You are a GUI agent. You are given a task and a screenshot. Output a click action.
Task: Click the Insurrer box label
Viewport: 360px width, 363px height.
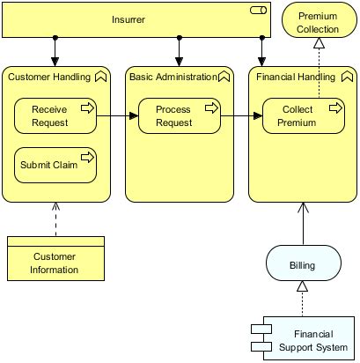pyautogui.click(x=129, y=19)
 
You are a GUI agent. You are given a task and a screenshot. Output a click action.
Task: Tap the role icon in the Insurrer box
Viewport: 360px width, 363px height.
pyautogui.click(x=259, y=11)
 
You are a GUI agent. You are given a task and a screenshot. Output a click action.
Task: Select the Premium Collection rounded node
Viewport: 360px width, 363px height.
pyautogui.click(x=320, y=20)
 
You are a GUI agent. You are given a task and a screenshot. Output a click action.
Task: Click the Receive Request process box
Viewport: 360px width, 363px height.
pyautogui.click(x=55, y=115)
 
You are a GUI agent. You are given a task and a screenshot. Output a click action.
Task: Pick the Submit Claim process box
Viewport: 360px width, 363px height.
pyautogui.click(x=55, y=165)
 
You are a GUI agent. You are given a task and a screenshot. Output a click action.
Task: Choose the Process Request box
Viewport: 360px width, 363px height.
pyautogui.click(x=180, y=115)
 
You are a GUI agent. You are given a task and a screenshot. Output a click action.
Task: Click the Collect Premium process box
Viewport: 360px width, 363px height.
pyautogui.click(x=304, y=115)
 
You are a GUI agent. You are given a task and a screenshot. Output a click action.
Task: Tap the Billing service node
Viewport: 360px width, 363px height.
pyautogui.click(x=304, y=263)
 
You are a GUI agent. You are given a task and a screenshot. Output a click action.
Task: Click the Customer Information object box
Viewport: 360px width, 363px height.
pyautogui.click(x=55, y=258)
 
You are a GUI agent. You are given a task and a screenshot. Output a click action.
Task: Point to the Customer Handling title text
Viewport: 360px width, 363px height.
pyautogui.click(x=49, y=77)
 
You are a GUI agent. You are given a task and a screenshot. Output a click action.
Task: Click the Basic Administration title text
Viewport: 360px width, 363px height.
pyautogui.click(x=173, y=77)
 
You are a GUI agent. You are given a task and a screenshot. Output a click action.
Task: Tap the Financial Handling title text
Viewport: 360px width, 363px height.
pyautogui.click(x=296, y=77)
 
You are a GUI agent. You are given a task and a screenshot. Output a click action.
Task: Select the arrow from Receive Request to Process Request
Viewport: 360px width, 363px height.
pyautogui.click(x=117, y=115)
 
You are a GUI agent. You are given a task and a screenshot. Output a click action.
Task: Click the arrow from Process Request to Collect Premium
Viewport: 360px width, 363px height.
pyautogui.click(x=241, y=115)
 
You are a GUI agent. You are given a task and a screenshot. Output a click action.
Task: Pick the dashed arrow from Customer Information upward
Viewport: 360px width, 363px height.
pyautogui.click(x=55, y=219)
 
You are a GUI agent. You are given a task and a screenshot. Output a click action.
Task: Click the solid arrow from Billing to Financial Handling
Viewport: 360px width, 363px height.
pyautogui.click(x=303, y=224)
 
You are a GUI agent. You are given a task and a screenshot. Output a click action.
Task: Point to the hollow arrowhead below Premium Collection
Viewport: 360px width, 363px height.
pyautogui.click(x=319, y=43)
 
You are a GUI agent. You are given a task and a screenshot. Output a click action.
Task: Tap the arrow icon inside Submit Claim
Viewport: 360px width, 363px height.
pyautogui.click(x=87, y=158)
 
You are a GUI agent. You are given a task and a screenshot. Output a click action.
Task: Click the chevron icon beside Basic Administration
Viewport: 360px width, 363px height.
pyautogui.click(x=224, y=77)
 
